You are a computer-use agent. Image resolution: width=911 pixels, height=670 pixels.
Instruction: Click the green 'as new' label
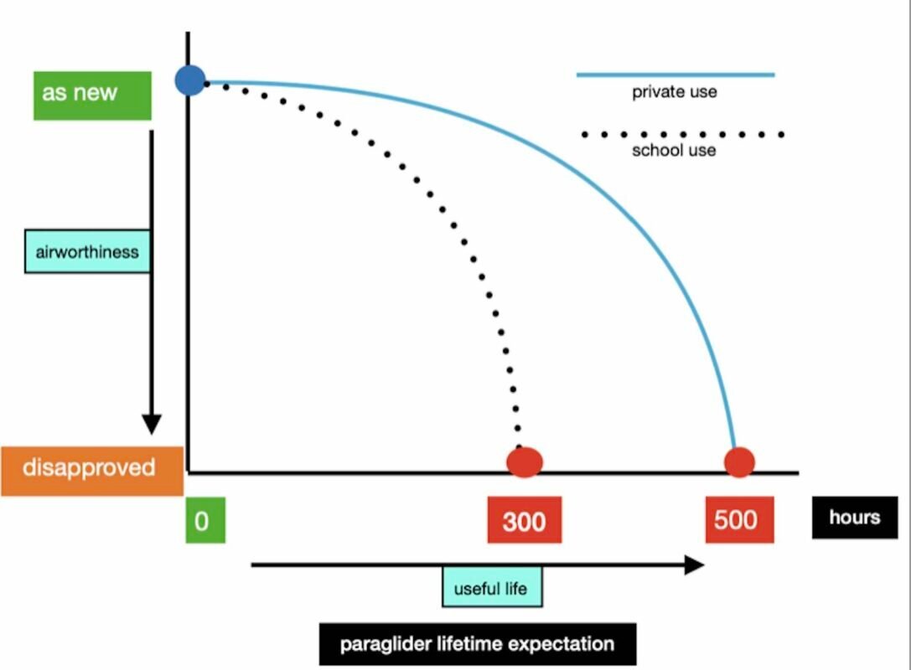[92, 95]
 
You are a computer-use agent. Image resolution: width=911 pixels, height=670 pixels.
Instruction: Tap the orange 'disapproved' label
[91, 469]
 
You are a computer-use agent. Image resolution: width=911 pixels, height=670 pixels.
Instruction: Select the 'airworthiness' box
[87, 252]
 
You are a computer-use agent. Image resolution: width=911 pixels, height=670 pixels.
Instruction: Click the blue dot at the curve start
[191, 80]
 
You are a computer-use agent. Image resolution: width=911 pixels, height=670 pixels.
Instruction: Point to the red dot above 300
[525, 461]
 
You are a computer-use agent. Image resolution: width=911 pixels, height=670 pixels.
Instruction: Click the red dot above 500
[739, 461]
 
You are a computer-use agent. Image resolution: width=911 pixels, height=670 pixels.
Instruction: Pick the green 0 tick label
[204, 521]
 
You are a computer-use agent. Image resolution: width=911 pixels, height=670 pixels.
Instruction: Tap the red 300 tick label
[525, 521]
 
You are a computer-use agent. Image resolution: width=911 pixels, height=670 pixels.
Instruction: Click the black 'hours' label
[854, 517]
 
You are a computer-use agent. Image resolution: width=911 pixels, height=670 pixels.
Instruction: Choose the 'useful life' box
[491, 588]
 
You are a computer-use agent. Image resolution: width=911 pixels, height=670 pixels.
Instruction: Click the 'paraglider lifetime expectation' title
[477, 644]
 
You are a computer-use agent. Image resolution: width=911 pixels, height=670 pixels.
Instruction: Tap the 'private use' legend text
[675, 92]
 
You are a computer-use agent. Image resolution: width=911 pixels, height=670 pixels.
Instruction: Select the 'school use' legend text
[674, 151]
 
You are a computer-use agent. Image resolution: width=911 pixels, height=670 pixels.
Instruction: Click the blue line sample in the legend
[675, 75]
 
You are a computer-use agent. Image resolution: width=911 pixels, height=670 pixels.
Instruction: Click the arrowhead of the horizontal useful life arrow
[694, 564]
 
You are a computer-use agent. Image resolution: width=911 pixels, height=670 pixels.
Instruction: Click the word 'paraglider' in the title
[382, 644]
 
